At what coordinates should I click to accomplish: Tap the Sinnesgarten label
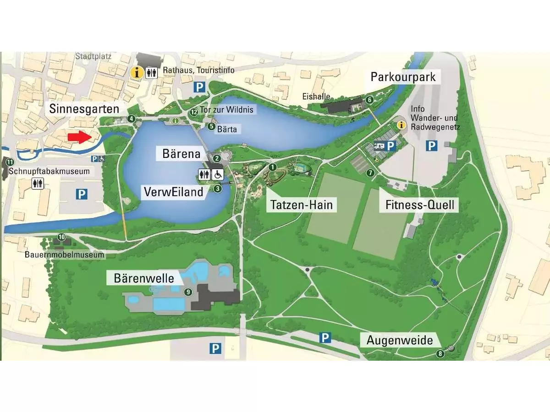coord(85,109)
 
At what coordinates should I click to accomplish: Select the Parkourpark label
coord(403,76)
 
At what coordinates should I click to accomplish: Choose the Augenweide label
coord(400,341)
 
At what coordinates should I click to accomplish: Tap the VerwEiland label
coord(173,192)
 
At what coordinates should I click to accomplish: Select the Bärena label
coord(181,154)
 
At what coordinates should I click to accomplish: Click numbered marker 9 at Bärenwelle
coord(187,292)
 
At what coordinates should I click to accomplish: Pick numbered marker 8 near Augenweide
coord(440,353)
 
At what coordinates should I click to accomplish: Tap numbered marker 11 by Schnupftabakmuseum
coord(10,161)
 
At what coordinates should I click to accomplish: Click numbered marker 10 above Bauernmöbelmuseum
coord(62,237)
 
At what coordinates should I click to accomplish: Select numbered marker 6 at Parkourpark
coord(369,99)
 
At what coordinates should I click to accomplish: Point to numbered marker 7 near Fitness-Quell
coord(370,173)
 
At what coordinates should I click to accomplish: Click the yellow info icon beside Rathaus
coord(136,72)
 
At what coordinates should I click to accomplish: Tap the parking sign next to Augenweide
coord(325,338)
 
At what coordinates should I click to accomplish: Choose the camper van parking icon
coord(379,146)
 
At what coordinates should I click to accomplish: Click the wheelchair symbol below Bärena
coord(218,174)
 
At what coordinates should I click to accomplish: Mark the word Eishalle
coord(313,97)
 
